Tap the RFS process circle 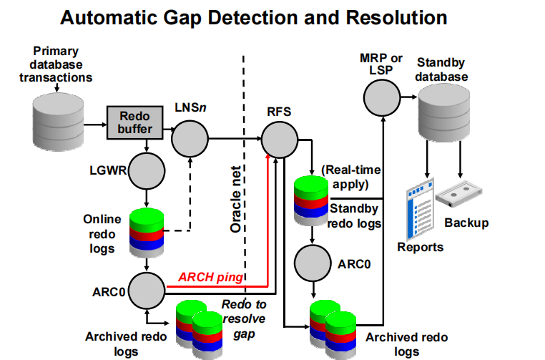(278, 135)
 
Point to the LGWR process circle (146, 170)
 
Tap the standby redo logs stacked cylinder (312, 193)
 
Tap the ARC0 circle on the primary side (147, 288)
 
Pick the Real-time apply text (351, 177)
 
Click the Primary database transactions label (55, 64)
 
